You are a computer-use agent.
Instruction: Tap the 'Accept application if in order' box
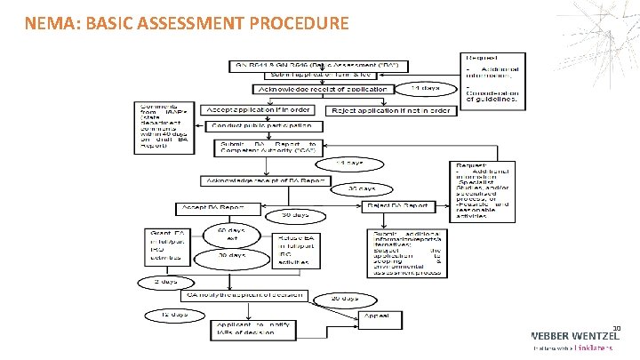point(258,110)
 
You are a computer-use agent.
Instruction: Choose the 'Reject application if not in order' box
point(391,111)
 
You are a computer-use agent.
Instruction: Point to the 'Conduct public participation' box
point(260,126)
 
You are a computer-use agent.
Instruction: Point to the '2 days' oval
point(160,283)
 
